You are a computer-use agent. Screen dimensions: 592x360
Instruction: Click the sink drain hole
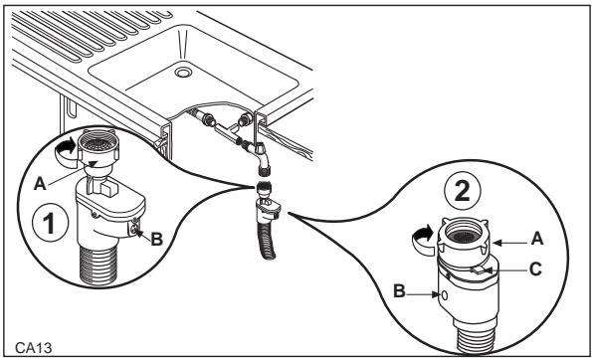tap(183, 73)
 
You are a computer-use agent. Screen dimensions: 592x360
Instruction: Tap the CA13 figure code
tap(33, 348)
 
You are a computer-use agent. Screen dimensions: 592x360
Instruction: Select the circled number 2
tap(462, 191)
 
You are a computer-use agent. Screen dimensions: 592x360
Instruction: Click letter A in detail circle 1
tap(40, 184)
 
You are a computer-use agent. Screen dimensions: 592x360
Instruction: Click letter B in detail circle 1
tap(156, 239)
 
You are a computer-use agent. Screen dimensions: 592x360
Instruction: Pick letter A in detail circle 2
tap(537, 239)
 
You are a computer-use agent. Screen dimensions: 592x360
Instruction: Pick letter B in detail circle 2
tap(399, 291)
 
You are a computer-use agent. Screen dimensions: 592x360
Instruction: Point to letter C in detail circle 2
tap(535, 270)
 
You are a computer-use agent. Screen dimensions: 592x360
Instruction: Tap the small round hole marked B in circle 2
tap(445, 295)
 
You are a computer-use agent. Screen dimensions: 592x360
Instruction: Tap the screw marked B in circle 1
tap(134, 229)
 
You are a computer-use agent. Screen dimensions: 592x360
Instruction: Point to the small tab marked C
tap(480, 270)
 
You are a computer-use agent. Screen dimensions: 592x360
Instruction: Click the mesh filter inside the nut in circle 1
tap(99, 143)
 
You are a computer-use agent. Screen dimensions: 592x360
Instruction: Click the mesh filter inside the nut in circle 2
tap(464, 237)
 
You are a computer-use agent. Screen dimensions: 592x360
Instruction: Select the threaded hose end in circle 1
tap(99, 265)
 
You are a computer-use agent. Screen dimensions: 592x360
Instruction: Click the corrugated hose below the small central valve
tap(268, 242)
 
